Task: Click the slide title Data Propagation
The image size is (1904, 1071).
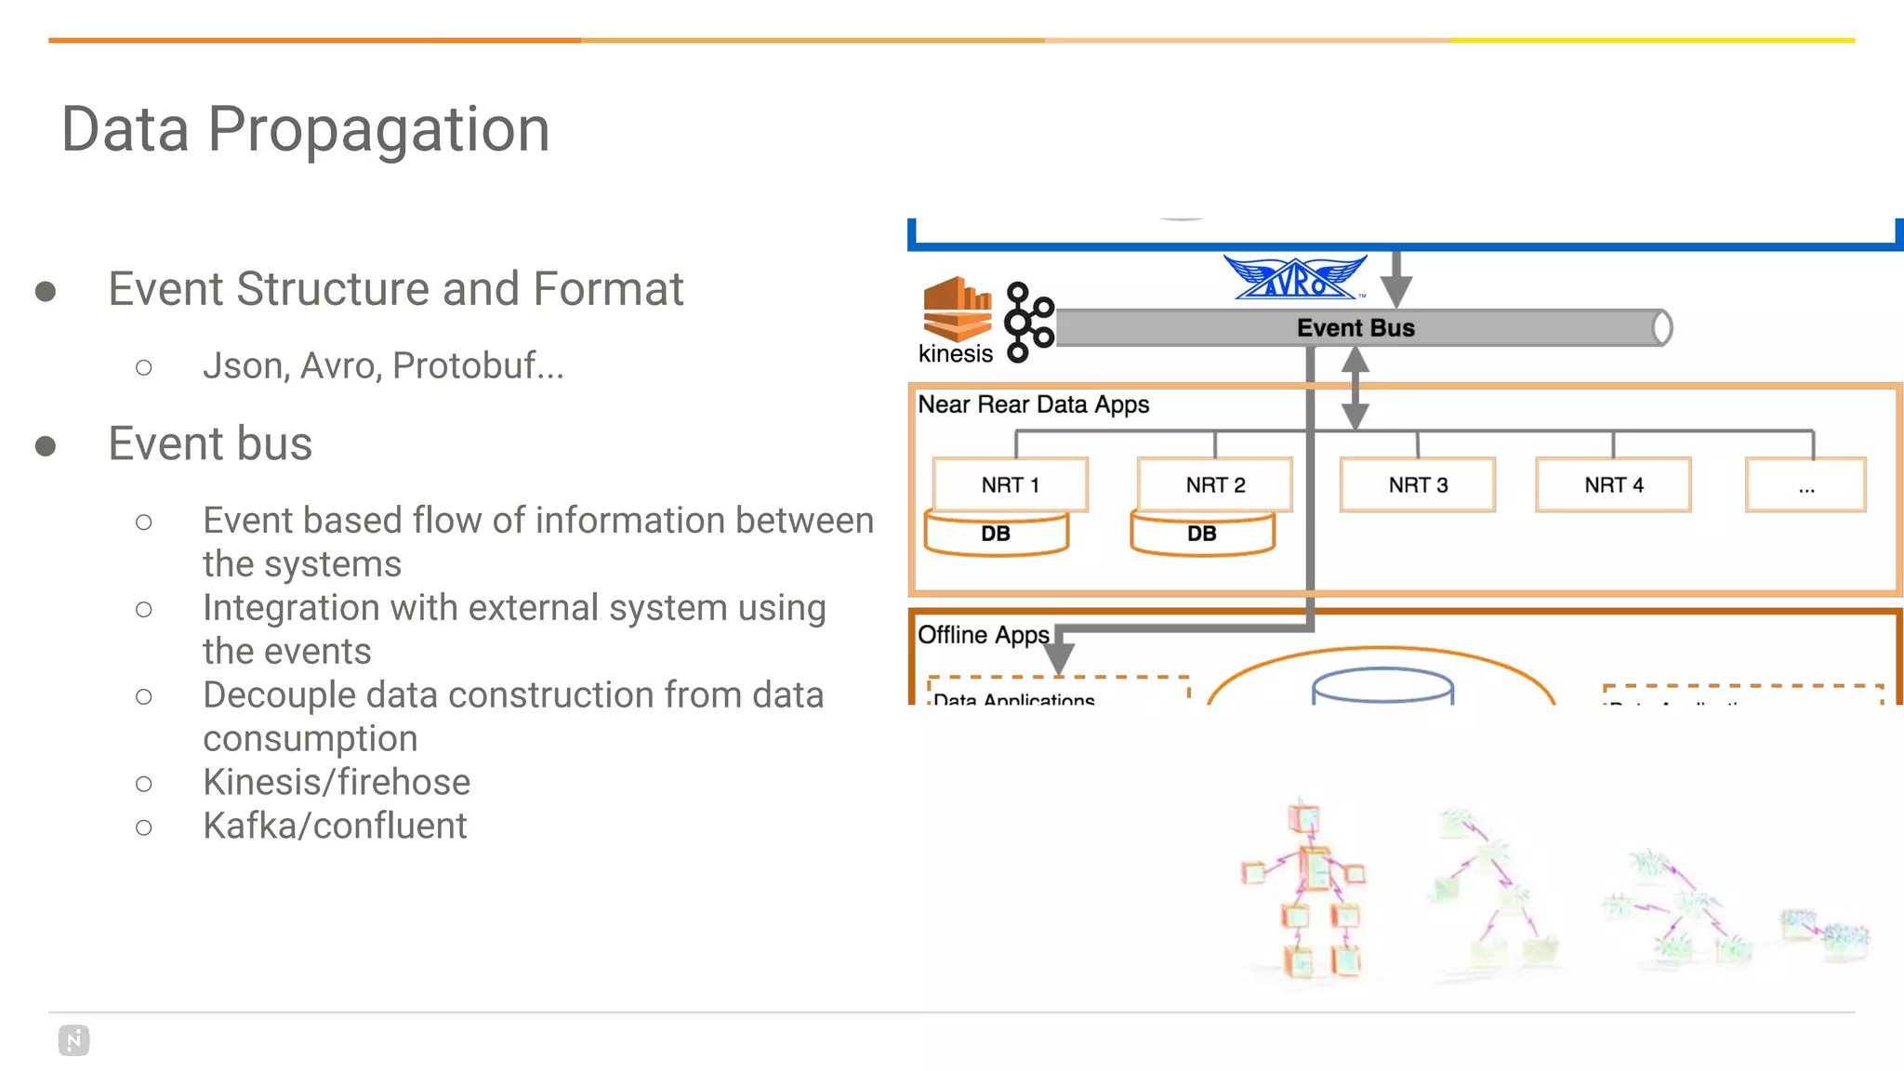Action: coord(305,128)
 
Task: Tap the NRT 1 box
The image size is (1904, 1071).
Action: coord(1010,484)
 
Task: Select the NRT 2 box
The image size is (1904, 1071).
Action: coord(1215,484)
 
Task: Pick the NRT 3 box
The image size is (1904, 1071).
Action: coord(1418,484)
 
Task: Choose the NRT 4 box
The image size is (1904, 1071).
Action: coord(1613,484)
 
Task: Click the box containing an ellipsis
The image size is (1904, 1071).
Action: coord(1805,484)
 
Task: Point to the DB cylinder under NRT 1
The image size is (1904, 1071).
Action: coord(996,535)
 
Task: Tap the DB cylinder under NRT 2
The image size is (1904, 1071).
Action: coord(1202,535)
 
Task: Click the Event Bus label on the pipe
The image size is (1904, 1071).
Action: coord(1355,328)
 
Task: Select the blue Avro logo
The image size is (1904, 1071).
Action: coord(1295,278)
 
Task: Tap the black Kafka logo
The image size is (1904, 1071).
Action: coord(1029,322)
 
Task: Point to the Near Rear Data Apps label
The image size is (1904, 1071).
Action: coord(1033,404)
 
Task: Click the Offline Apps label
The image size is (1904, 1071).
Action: coord(983,635)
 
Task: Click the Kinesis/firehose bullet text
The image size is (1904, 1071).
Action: coord(337,782)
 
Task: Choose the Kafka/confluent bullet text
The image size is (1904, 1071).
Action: coord(335,826)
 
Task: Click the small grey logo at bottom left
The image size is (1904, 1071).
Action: coord(73,1040)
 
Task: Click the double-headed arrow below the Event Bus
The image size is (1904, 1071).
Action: coord(1355,388)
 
